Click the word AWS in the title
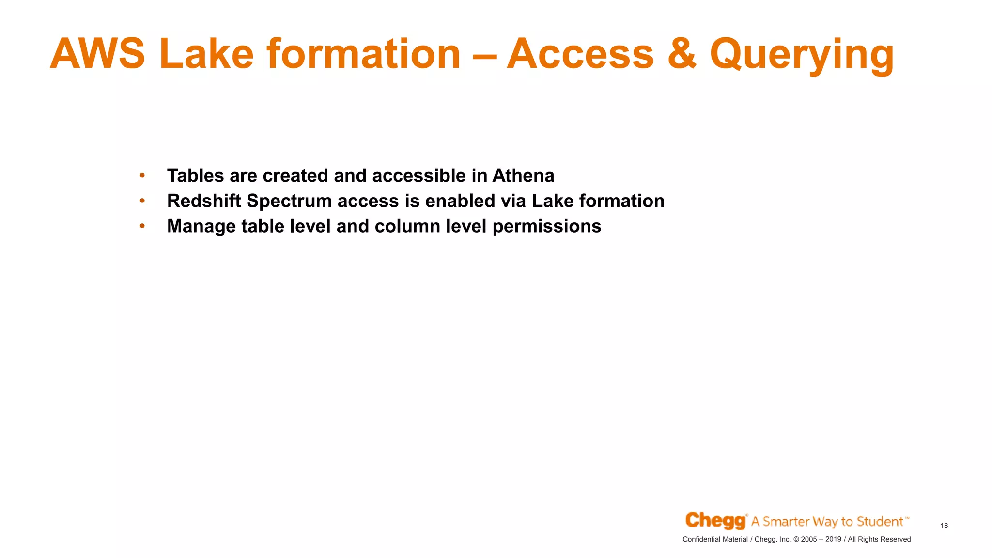97,54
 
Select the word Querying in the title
802,55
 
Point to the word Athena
523,176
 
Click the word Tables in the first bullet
196,176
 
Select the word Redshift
204,201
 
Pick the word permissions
547,227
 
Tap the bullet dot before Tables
142,176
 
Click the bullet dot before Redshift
142,201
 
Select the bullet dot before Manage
142,226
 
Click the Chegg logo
715,521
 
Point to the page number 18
944,526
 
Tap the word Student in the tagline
880,522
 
